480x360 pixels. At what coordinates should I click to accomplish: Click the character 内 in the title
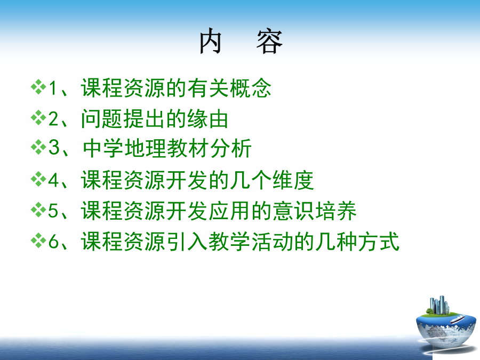pos(211,41)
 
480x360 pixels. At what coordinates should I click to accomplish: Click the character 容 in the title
pos(269,41)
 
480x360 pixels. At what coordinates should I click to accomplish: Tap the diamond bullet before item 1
pos(38,87)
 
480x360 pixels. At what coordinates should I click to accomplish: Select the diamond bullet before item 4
pos(38,179)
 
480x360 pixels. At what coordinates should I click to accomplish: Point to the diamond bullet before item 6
pos(38,241)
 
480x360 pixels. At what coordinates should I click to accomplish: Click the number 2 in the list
pos(53,119)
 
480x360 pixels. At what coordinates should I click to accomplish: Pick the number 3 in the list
pos(54,147)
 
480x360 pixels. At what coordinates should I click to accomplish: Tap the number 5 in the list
pos(53,211)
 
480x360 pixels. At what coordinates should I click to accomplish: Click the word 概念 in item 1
pos(251,88)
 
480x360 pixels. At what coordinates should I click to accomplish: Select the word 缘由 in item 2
pos(208,119)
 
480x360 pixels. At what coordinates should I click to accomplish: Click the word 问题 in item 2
pos(102,119)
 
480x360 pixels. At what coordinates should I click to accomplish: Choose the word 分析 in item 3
pos(231,148)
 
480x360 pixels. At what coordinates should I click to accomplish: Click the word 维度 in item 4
pos(293,180)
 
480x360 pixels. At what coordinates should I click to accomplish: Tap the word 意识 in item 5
pos(293,211)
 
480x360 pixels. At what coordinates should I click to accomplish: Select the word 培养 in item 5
pos(336,211)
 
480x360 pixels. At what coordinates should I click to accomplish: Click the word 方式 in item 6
pos(378,242)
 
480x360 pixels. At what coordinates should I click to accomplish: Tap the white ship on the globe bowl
pos(458,319)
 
